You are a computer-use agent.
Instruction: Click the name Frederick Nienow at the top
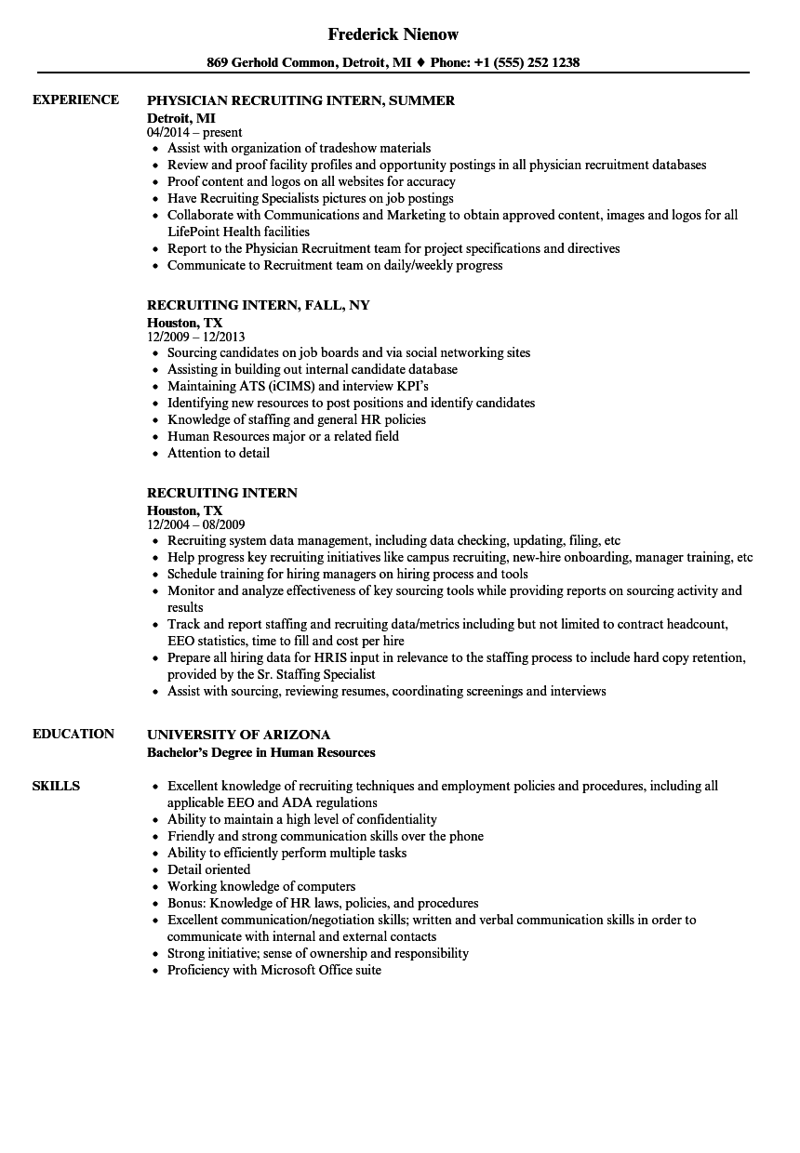[393, 34]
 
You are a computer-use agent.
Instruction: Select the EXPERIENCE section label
[75, 99]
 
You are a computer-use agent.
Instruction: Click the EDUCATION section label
[73, 734]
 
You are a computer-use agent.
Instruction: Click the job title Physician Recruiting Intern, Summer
[300, 100]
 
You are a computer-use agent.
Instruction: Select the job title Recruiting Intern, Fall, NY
[259, 305]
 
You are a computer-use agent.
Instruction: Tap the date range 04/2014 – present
[194, 132]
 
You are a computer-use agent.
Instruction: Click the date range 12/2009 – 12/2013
[196, 337]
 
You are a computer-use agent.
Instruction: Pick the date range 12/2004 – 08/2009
[196, 524]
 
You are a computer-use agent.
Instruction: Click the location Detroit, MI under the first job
[181, 117]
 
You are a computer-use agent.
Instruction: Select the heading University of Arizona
[238, 735]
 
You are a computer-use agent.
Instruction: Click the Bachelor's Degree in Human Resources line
[261, 752]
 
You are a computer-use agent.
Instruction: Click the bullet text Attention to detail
[219, 453]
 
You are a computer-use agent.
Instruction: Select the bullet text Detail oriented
[208, 869]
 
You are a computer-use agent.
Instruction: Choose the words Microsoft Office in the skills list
[303, 970]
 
